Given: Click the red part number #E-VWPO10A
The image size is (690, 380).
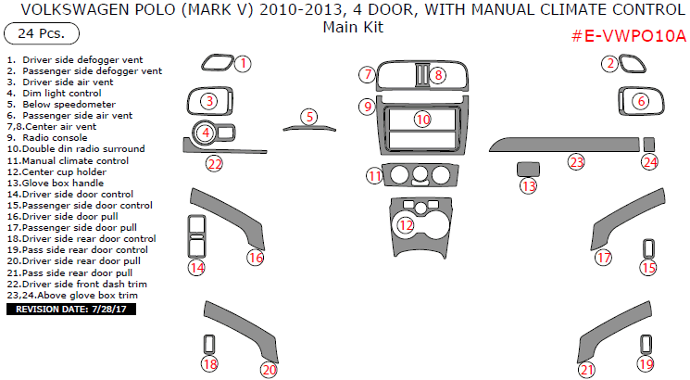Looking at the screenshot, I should (x=629, y=37).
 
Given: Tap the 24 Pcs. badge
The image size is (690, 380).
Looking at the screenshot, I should (x=42, y=34).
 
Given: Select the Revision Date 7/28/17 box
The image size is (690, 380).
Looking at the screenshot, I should (x=70, y=309).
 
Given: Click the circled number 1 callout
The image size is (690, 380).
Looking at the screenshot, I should (x=242, y=64).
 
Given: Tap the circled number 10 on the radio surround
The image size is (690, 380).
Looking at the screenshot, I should (x=422, y=119).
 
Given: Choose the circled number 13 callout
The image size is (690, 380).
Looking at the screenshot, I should (x=528, y=185).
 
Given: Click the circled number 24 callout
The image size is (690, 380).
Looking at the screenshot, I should (x=650, y=161).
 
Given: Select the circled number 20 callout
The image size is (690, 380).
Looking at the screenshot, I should (x=269, y=370).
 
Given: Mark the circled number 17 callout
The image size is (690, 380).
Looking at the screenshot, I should (x=604, y=258).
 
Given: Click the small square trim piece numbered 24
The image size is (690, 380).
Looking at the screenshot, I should (x=649, y=144).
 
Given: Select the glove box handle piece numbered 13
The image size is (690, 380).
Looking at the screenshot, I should (x=527, y=169).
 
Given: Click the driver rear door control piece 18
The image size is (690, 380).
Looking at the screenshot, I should (x=209, y=346).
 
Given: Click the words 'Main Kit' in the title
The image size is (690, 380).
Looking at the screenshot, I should (x=352, y=27).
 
